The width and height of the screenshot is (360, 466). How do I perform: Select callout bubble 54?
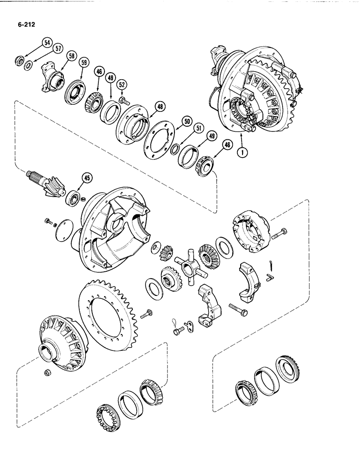point(47,42)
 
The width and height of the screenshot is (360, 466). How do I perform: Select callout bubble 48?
point(160,107)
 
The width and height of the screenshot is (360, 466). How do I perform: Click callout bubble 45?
point(86,177)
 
